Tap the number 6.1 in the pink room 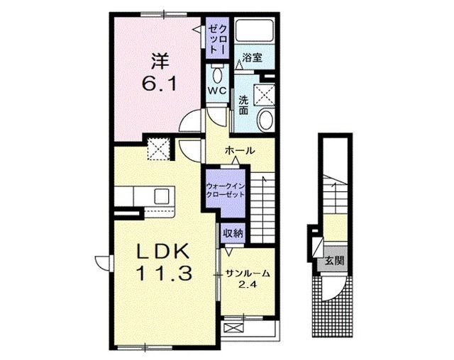pos(159,84)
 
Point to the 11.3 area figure pos(164,274)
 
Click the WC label pos(217,91)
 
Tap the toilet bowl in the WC pos(217,75)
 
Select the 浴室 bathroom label pos(253,57)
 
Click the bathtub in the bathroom pos(255,30)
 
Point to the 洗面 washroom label pos(244,105)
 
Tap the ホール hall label pos(240,150)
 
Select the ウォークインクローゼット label pos(226,190)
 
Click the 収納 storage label pos(233,232)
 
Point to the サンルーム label pos(248,274)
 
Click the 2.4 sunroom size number pos(248,285)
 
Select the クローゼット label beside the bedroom pos(218,39)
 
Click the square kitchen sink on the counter pos(162,196)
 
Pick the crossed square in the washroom pos(264,94)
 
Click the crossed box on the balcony pos(234,328)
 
